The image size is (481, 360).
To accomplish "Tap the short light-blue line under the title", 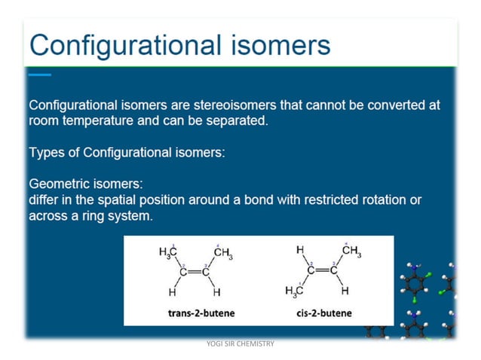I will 39,75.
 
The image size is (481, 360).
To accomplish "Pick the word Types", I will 47,152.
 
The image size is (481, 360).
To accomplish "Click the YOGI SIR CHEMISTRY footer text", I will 240,343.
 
